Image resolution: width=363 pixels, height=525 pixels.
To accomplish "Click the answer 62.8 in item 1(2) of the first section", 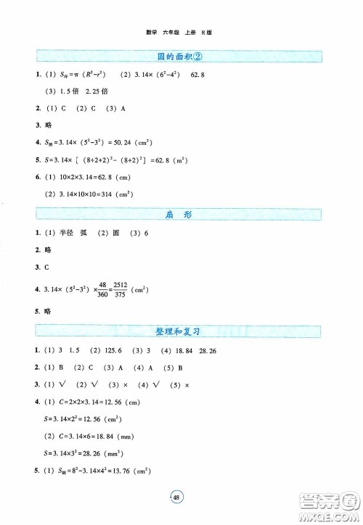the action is click(x=199, y=75).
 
